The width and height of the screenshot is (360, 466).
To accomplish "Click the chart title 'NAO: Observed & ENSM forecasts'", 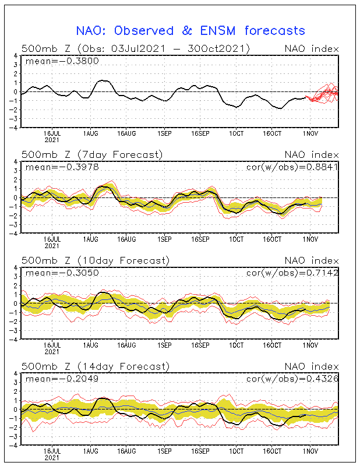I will (x=190, y=30).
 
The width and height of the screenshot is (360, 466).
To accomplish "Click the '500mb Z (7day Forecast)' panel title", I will (x=92, y=154).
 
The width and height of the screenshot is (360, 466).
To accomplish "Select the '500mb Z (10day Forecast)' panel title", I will (x=95, y=260).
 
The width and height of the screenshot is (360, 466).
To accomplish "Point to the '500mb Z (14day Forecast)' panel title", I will (x=95, y=366).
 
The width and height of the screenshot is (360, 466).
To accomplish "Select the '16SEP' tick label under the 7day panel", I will (x=200, y=239).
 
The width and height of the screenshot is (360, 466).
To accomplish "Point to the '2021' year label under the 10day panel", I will (x=53, y=352).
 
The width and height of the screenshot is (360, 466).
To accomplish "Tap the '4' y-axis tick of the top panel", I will (x=16, y=56).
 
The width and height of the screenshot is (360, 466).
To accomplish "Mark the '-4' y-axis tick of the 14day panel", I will (x=15, y=445).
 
